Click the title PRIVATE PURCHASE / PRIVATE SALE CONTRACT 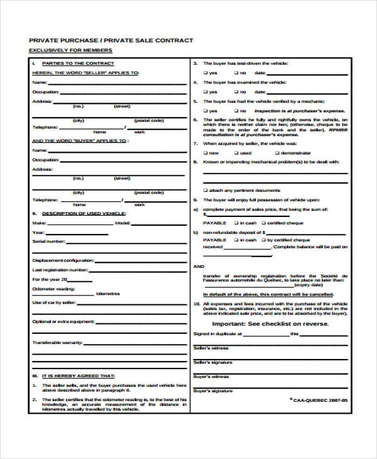tap(111, 40)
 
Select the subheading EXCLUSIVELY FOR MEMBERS tap(71, 50)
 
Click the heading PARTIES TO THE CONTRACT tap(77, 64)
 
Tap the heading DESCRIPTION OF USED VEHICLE tap(83, 213)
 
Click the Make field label tap(39, 223)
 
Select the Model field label tap(123, 223)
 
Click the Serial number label tap(48, 241)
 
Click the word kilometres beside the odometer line tap(108, 294)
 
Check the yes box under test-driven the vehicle tap(205, 73)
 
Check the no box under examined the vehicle tap(236, 91)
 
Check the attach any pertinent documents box tap(205, 190)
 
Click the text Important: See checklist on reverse tap(270, 324)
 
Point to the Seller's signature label tap(213, 362)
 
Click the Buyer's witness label tap(211, 377)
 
